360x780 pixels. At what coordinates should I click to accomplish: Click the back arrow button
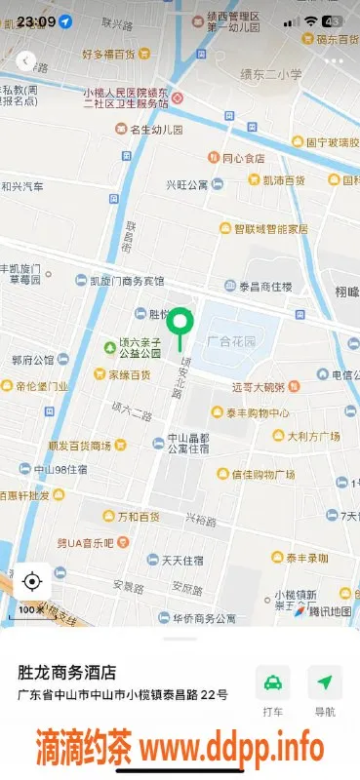(26, 60)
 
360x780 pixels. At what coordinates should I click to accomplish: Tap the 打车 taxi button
(273, 691)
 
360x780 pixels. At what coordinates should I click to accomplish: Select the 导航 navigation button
(325, 691)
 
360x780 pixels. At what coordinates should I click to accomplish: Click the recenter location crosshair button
(31, 582)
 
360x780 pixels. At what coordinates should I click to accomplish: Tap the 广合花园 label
(231, 342)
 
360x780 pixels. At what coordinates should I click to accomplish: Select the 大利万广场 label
(312, 436)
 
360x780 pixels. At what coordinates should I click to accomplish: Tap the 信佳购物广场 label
(262, 475)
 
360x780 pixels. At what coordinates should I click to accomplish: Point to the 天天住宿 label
(181, 560)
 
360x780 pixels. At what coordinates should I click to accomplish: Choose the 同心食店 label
(242, 158)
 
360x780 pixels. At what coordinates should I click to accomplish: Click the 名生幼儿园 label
(156, 129)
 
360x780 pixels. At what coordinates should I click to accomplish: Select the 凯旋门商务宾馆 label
(127, 281)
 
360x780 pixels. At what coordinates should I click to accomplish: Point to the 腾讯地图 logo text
(329, 611)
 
